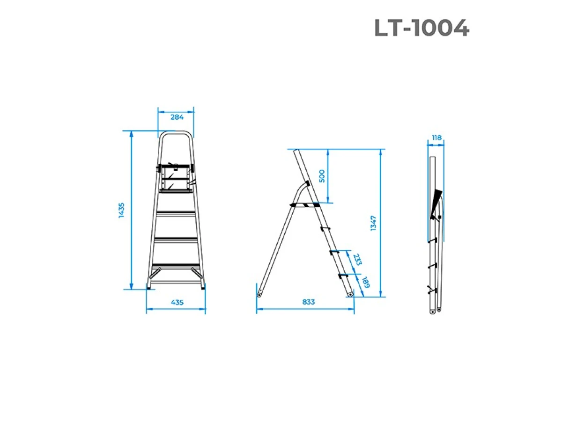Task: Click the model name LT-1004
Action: pos(421,29)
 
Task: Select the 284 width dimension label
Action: pos(177,117)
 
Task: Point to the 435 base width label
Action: pos(177,302)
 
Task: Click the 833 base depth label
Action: pos(308,302)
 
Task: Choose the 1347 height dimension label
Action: pos(373,223)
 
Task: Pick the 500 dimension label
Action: pos(321,176)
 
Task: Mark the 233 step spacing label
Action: pos(357,260)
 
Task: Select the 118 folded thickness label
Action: pos(436,138)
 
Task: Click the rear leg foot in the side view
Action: pos(259,295)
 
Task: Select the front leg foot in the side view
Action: pos(350,295)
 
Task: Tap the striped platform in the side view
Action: pos(304,204)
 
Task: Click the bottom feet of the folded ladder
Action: pos(435,310)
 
